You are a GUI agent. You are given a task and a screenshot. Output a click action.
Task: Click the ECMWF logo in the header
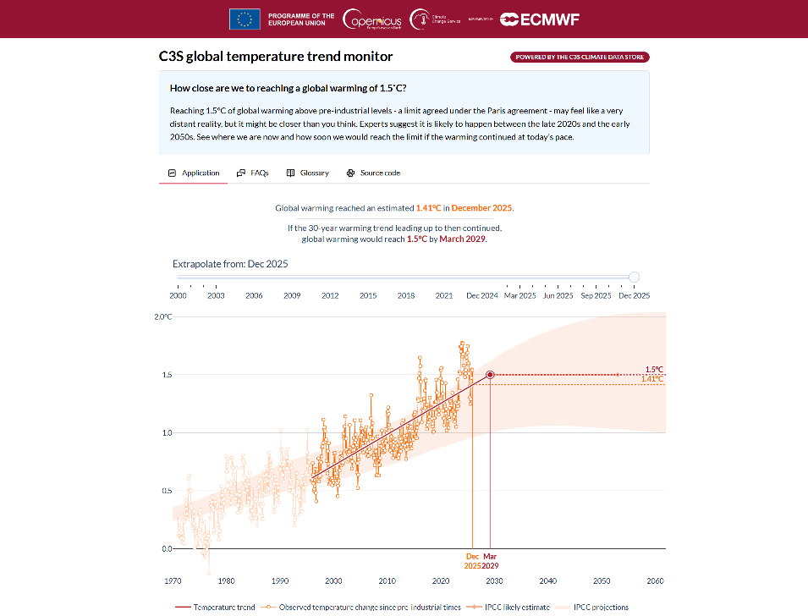[539, 19]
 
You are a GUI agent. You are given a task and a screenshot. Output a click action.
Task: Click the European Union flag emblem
[245, 19]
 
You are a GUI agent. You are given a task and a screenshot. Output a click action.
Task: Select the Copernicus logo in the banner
[372, 19]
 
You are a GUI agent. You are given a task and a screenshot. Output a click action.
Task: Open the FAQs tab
[253, 173]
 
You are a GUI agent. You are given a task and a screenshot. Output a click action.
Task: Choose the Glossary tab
[308, 173]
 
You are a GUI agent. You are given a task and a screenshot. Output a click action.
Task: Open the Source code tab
[373, 173]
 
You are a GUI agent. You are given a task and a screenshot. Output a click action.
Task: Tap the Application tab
[194, 173]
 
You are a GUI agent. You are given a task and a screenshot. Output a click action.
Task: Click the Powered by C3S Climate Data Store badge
[580, 58]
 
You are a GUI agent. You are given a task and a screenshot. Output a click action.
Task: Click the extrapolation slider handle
[635, 277]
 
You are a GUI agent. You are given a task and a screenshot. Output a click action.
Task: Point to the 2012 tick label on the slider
[330, 295]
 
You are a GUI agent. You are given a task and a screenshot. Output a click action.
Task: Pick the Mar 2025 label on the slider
[519, 295]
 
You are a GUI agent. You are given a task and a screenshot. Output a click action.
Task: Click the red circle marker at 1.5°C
[491, 375]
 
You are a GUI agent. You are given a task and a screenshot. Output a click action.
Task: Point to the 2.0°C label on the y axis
[162, 316]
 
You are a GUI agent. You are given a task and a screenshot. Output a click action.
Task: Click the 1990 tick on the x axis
[280, 580]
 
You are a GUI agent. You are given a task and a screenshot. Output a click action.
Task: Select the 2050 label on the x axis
[602, 580]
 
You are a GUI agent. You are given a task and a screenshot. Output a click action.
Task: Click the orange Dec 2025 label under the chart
[472, 560]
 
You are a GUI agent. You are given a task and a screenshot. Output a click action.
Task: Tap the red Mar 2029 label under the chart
[491, 560]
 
